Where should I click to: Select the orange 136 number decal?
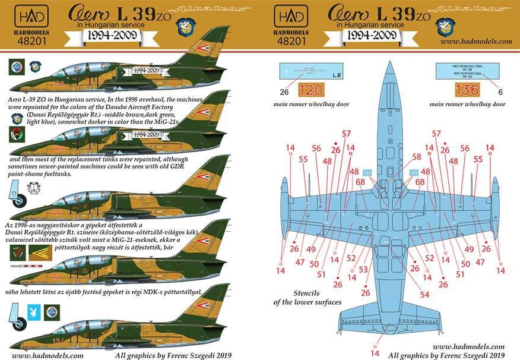click(464, 91)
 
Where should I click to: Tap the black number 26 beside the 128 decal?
click(283, 92)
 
